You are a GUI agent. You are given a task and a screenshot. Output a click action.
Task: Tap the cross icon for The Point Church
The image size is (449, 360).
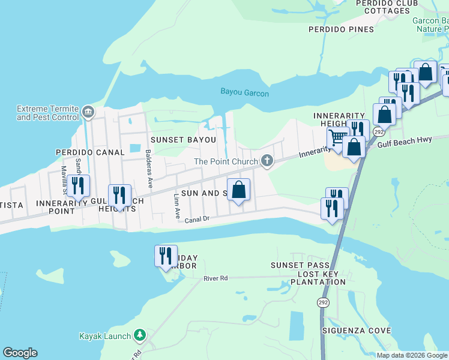point(268,160)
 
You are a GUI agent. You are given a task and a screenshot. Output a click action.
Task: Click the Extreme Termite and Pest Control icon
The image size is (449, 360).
point(88,112)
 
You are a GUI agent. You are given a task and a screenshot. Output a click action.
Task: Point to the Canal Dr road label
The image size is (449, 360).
point(197,220)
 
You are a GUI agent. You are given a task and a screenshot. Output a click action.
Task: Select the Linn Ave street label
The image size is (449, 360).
point(176,205)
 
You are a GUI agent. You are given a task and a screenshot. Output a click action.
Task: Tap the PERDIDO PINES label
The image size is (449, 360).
point(341,29)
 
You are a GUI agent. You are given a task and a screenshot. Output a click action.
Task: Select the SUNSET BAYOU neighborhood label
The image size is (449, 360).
point(182,140)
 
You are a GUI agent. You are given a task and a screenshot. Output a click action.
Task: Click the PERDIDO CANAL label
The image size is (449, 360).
point(89,152)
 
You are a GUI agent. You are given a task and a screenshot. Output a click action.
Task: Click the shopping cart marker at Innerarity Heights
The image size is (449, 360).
point(337,138)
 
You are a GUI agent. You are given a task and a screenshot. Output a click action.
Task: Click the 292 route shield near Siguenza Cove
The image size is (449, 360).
point(324,303)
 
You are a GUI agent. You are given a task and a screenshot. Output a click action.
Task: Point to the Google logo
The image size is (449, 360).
point(20,353)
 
